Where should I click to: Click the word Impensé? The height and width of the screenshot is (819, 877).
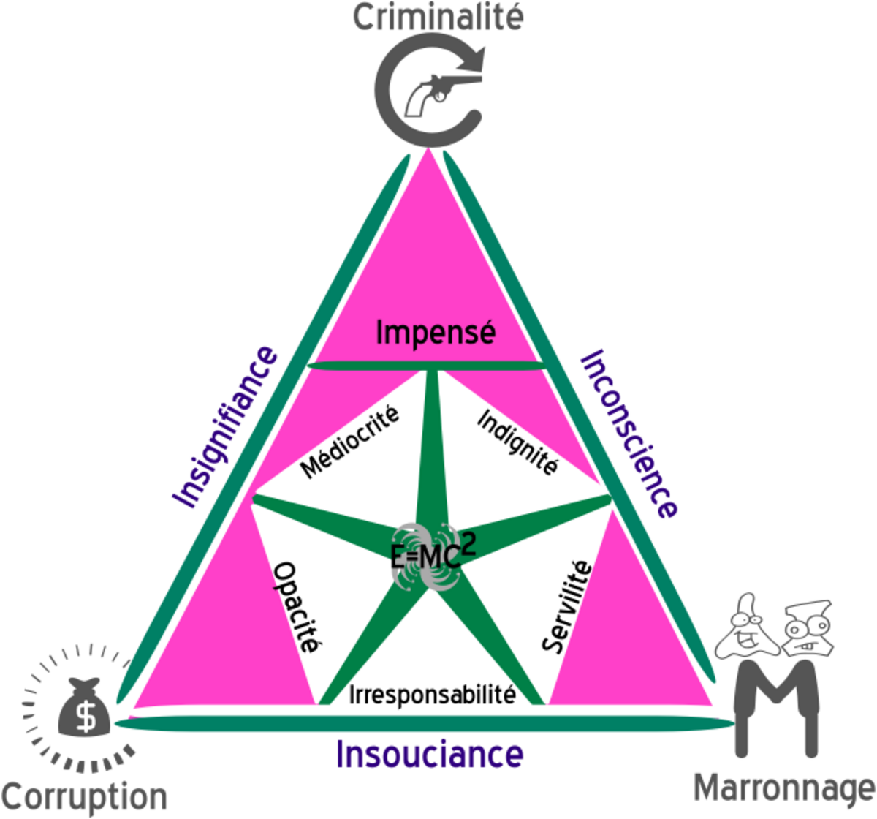(x=436, y=333)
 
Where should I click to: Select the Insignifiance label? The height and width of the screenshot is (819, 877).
(x=225, y=427)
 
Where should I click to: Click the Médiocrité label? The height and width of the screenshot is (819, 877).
(x=350, y=442)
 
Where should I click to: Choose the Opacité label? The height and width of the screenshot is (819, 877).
(x=297, y=608)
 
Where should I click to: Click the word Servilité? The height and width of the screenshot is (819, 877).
(x=566, y=606)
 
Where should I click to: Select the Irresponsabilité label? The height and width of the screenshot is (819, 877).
(x=433, y=693)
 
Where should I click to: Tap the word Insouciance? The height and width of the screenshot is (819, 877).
(x=430, y=754)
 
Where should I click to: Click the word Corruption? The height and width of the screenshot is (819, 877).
(x=84, y=796)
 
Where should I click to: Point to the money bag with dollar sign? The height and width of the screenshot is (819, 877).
(x=86, y=709)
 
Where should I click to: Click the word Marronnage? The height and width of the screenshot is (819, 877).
(x=783, y=789)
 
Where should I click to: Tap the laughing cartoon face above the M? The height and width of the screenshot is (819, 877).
(x=744, y=627)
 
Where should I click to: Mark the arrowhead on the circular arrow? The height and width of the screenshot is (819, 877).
(x=475, y=59)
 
